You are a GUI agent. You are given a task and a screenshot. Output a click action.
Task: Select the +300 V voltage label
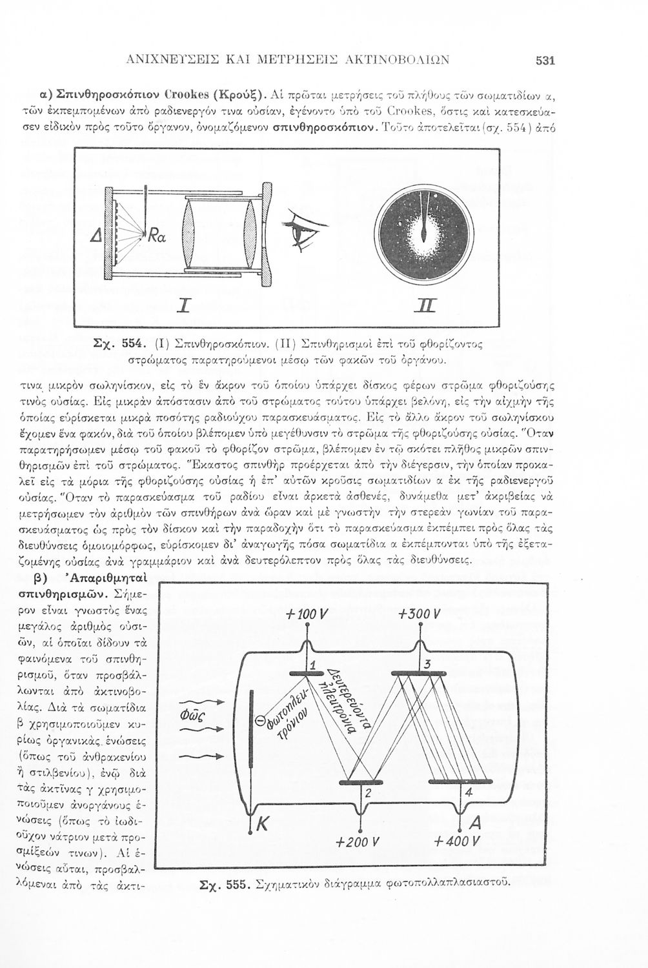click(x=420, y=613)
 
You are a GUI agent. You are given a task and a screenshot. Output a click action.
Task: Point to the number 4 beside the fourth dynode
click(x=469, y=792)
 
